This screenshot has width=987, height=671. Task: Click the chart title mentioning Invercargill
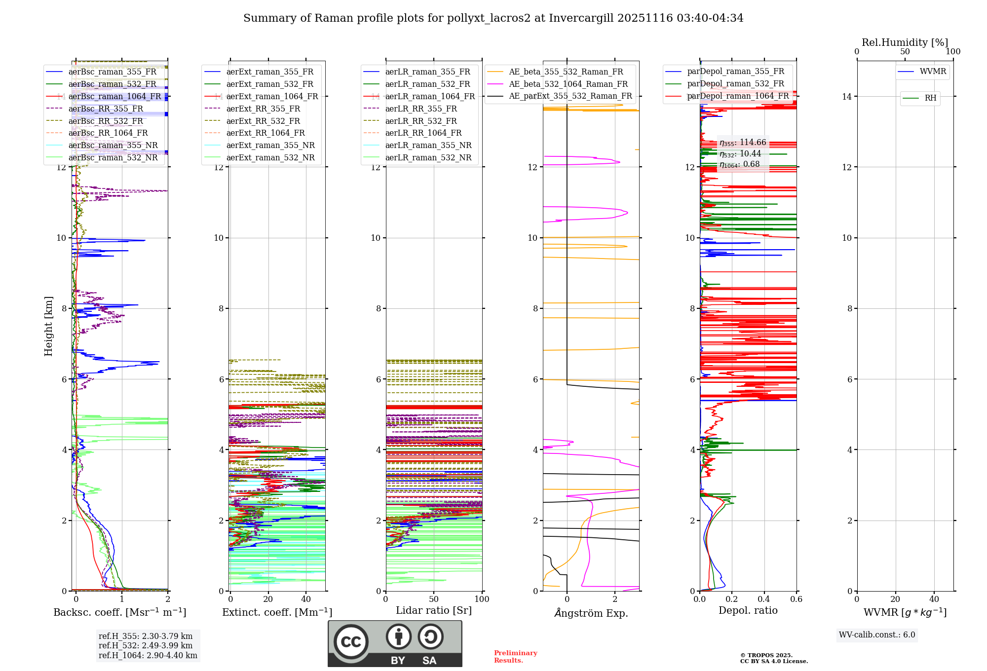coord(493,18)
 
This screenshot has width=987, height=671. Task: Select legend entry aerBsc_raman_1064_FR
coord(114,97)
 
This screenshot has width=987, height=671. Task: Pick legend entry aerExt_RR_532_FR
coord(263,121)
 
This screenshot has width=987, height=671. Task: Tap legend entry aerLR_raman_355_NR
coord(428,146)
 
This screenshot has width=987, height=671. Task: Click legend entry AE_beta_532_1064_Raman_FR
coord(568,84)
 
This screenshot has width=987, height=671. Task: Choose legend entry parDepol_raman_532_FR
coord(735,84)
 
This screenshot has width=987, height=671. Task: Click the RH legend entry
coord(930,98)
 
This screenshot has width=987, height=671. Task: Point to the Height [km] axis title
coord(48,326)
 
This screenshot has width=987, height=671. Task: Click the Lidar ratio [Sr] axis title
coord(434,611)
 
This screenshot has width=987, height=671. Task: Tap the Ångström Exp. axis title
coord(591,613)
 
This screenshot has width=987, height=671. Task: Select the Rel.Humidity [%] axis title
coord(905,42)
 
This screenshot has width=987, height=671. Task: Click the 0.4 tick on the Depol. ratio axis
coord(764,599)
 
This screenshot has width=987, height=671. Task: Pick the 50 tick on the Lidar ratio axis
coord(434,599)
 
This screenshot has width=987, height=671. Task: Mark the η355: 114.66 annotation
coord(743,143)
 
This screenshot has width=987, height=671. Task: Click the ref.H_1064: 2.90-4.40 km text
coord(148,656)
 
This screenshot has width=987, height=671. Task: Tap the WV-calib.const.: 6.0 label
coord(877,635)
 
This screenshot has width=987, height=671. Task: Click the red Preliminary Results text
coord(515,657)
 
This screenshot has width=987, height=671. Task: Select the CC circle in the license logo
coord(351,642)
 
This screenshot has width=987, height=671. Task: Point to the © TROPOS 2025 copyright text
coord(766,655)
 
